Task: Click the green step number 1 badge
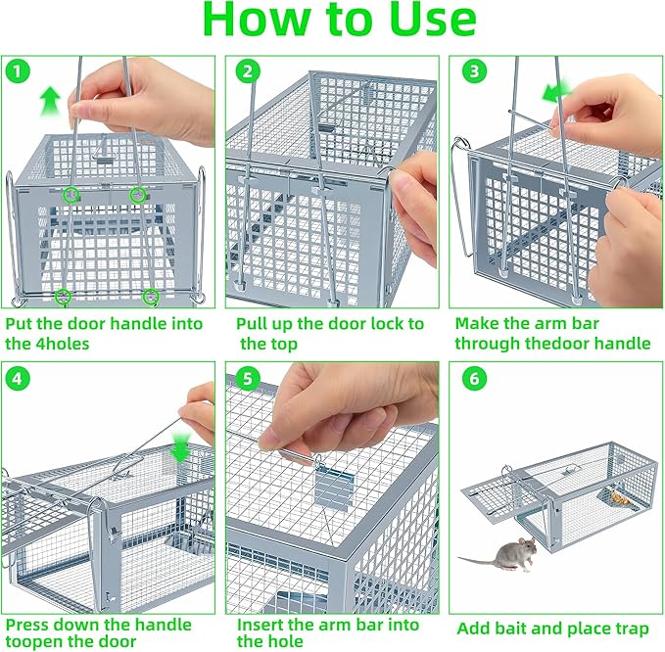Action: [x=17, y=71]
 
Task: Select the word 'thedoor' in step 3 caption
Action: [x=554, y=344]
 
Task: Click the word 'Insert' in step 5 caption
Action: [x=261, y=624]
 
